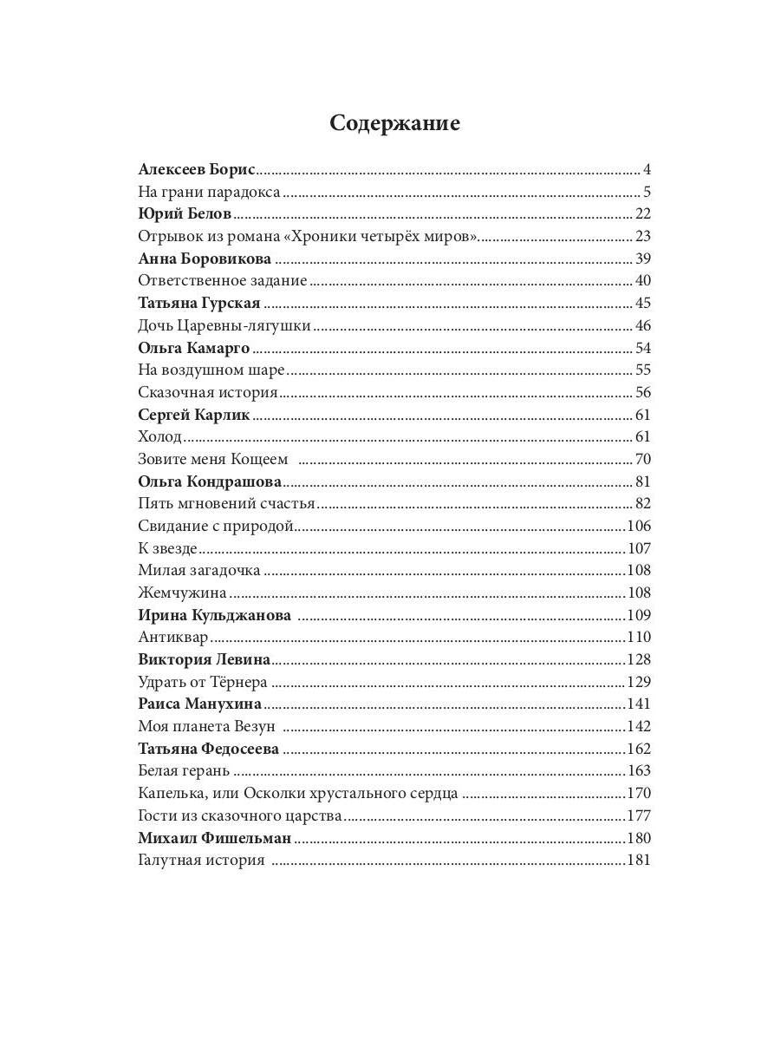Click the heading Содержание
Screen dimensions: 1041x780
(x=394, y=123)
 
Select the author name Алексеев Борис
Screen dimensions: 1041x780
(x=196, y=169)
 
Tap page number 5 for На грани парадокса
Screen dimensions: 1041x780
(x=647, y=192)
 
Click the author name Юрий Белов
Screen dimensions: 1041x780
(x=185, y=214)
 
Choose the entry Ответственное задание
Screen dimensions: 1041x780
(x=223, y=280)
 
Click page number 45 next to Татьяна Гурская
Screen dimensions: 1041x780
(x=642, y=303)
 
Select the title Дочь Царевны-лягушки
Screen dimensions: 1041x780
(x=224, y=326)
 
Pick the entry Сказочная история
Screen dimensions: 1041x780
(x=207, y=393)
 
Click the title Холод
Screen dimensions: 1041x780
(x=160, y=437)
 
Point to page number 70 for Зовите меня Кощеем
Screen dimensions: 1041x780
(x=642, y=460)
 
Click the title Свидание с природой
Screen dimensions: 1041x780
(x=217, y=527)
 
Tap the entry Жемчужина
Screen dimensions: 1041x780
(x=182, y=593)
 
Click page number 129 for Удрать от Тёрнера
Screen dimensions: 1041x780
(x=639, y=683)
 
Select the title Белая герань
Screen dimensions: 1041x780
(x=184, y=771)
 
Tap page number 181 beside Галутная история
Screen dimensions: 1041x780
(x=639, y=861)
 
